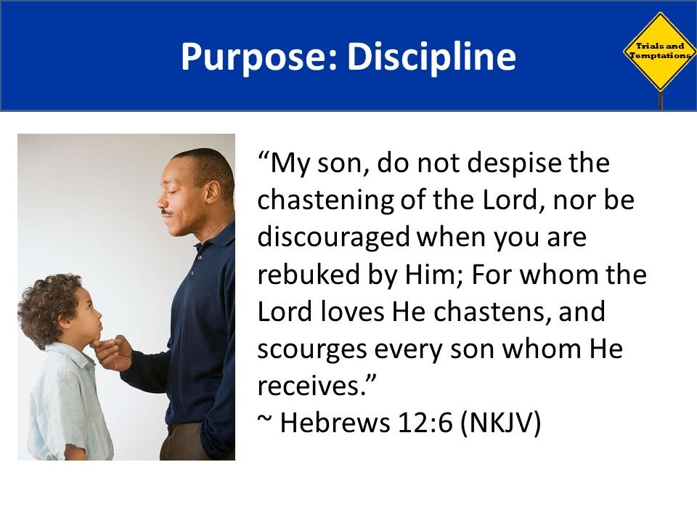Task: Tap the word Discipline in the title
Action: (x=431, y=56)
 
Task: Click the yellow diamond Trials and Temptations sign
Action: (x=660, y=52)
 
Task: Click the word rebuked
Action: (x=309, y=274)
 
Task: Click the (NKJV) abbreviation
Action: (x=500, y=423)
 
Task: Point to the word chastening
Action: (x=325, y=201)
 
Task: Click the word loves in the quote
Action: (x=351, y=311)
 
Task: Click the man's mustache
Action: (x=167, y=212)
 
